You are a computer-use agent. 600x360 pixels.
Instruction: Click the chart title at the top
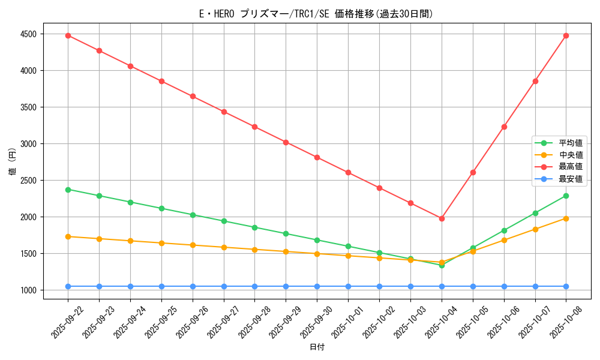pyautogui.click(x=316, y=14)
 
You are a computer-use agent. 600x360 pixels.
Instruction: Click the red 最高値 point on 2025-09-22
pyautogui.click(x=68, y=35)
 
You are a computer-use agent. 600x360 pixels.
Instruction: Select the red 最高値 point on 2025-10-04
pyautogui.click(x=442, y=218)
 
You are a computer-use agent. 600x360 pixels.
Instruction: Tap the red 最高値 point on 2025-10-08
pyautogui.click(x=566, y=35)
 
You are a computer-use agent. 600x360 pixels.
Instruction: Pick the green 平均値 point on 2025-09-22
pyautogui.click(x=68, y=190)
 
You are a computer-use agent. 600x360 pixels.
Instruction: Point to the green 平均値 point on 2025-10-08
pyautogui.click(x=566, y=196)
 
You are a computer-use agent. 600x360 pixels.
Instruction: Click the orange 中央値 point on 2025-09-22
pyautogui.click(x=68, y=236)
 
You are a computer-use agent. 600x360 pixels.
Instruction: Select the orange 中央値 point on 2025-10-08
pyautogui.click(x=566, y=218)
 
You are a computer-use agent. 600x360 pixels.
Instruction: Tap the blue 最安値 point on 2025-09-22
pyautogui.click(x=68, y=286)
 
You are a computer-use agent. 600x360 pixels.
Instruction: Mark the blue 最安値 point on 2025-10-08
pyautogui.click(x=566, y=286)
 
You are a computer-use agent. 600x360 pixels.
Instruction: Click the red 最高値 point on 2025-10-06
pyautogui.click(x=504, y=127)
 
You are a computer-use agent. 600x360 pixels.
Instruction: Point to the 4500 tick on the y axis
pyautogui.click(x=28, y=34)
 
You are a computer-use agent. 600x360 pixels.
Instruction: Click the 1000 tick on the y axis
pyautogui.click(x=28, y=290)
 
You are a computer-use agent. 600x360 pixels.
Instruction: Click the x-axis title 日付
pyautogui.click(x=317, y=347)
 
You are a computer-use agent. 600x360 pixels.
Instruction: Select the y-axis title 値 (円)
pyautogui.click(x=13, y=162)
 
